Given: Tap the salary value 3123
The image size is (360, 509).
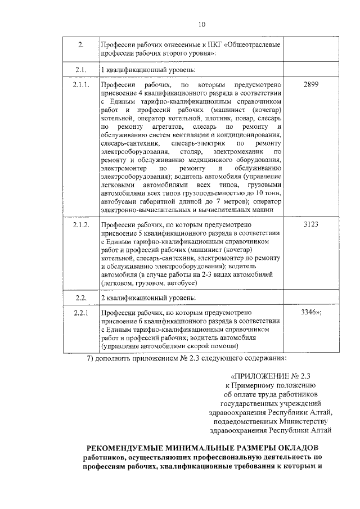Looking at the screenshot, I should coord(310,224).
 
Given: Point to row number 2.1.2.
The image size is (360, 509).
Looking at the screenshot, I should coord(81,224).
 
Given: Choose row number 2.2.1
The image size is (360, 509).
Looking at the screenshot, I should coord(80,310).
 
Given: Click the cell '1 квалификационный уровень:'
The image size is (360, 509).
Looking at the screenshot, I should coord(147,70).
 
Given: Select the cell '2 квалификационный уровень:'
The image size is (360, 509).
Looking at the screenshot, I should coord(147,296).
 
